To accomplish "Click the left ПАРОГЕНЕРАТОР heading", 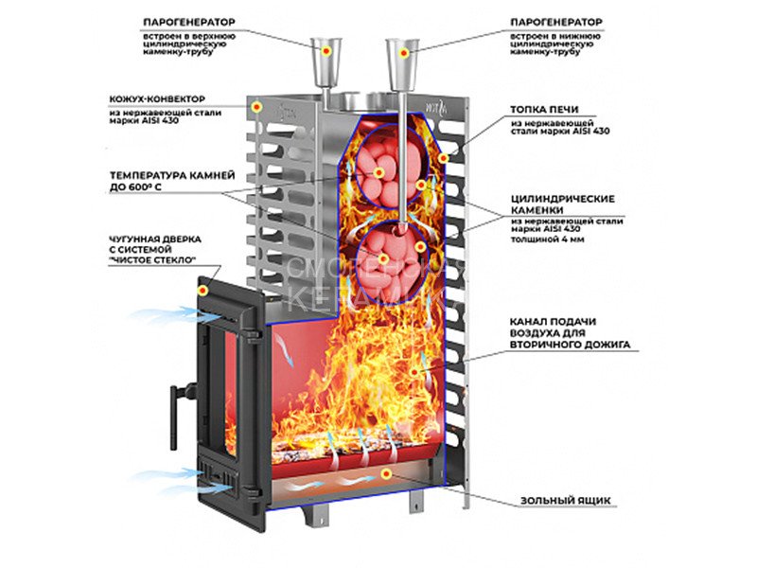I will [x=188, y=21].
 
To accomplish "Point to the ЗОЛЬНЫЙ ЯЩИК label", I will [x=559, y=500].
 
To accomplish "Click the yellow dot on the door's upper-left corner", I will [x=202, y=288].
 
